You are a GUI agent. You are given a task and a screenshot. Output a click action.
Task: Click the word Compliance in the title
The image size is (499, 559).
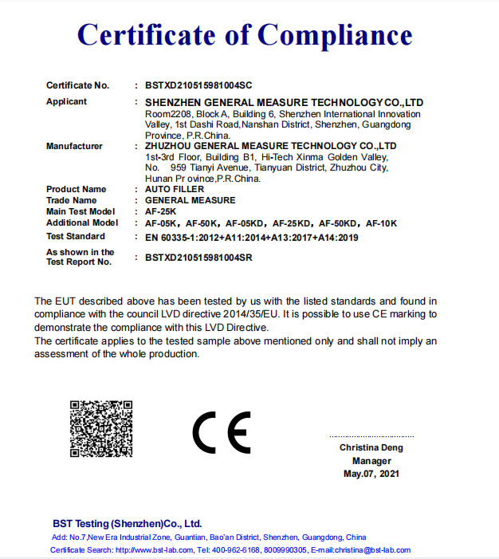(336, 34)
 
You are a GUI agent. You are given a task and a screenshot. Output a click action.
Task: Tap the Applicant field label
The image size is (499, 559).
(67, 102)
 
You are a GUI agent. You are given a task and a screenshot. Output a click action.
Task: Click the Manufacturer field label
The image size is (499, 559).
(74, 146)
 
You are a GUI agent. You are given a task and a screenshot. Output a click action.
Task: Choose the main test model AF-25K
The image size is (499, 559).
(160, 211)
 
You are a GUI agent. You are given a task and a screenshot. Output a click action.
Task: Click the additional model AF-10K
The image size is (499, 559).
(381, 223)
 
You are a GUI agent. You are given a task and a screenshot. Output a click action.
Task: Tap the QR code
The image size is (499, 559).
(100, 428)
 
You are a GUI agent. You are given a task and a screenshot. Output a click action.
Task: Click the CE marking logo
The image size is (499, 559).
(221, 431)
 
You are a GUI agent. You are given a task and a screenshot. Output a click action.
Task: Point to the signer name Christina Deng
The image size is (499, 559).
(371, 447)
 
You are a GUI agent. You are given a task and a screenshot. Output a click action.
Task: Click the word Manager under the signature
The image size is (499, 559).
(371, 461)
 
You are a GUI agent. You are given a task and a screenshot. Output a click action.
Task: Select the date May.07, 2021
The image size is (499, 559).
(371, 474)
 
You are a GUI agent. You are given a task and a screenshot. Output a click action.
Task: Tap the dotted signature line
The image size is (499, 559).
(371, 436)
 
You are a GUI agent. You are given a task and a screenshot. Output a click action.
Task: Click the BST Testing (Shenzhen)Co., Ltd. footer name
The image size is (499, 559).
(128, 524)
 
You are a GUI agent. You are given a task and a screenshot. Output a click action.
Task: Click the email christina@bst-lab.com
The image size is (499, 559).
(371, 550)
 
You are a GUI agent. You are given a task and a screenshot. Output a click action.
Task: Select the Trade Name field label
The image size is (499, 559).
(71, 200)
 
